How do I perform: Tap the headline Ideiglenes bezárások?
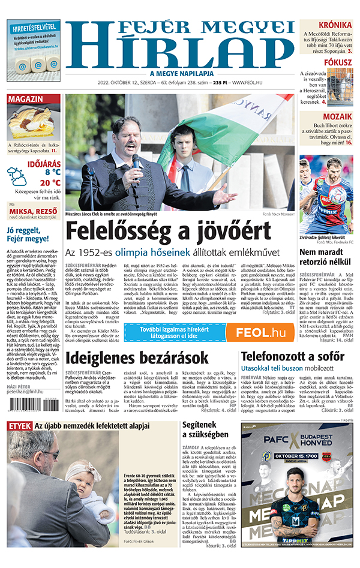137,357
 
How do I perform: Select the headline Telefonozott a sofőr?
295,357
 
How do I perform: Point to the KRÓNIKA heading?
335,25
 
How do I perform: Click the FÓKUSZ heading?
338,62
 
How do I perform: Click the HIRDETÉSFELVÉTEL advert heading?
34,27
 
